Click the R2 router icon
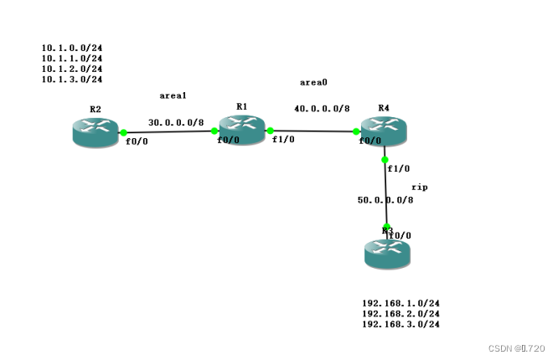[x=95, y=133]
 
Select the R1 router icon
[x=242, y=128]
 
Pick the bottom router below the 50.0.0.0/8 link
[x=388, y=252]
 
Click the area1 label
[x=173, y=96]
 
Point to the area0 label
[x=313, y=82]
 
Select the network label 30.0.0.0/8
[x=176, y=122]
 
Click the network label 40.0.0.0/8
[x=322, y=109]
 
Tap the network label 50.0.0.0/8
[x=385, y=200]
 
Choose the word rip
[x=420, y=187]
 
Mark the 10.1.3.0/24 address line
[x=72, y=80]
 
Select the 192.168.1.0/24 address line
[x=400, y=303]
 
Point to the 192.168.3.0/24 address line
[x=400, y=324]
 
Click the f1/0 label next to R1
[x=282, y=140]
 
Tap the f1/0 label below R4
[x=398, y=168]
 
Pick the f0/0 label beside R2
[x=137, y=142]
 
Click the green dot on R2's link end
[x=123, y=132]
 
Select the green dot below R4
[x=385, y=159]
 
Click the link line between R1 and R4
[x=314, y=131]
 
